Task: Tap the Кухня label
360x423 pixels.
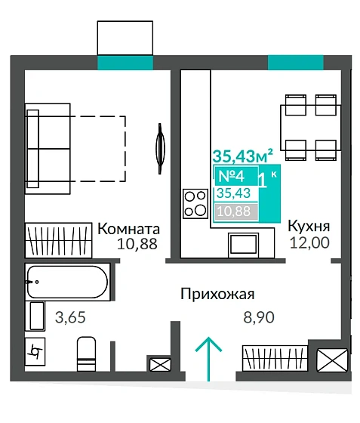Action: [x=309, y=226]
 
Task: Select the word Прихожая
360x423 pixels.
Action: [x=217, y=294]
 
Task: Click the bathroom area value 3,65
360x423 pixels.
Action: [x=71, y=316]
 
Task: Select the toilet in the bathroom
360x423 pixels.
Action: [x=86, y=353]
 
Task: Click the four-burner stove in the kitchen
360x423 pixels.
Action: [x=195, y=202]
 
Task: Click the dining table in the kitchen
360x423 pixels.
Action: [x=307, y=124]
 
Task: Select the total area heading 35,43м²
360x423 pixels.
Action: [x=242, y=156]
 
